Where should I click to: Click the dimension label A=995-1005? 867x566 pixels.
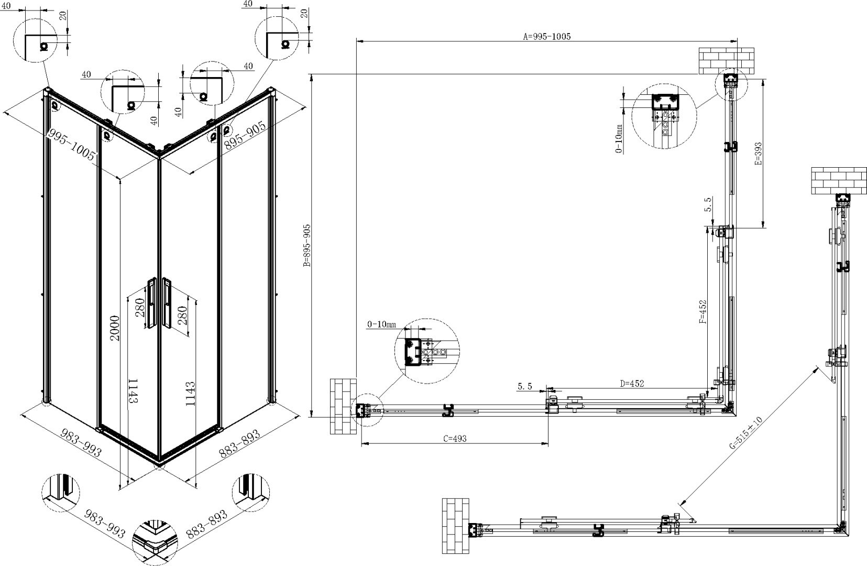click(547, 36)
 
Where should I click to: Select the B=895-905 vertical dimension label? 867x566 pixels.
click(308, 245)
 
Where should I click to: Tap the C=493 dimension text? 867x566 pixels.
click(455, 439)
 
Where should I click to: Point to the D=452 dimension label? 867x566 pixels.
click(632, 384)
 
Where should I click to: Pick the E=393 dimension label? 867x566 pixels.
click(758, 154)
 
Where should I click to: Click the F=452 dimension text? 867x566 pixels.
click(703, 312)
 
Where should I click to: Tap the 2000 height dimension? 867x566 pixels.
click(115, 328)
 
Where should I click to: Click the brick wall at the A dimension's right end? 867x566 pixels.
click(727, 61)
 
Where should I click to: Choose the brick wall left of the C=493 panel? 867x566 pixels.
click(343, 406)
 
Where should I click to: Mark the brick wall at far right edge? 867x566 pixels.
click(839, 181)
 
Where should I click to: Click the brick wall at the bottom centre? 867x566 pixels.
click(456, 526)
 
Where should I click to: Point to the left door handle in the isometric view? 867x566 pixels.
click(151, 303)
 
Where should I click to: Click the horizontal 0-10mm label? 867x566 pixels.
click(381, 324)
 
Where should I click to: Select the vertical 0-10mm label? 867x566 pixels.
click(619, 138)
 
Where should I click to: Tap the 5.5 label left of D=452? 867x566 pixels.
click(525, 386)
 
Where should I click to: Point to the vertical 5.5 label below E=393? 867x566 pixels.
click(708, 204)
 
